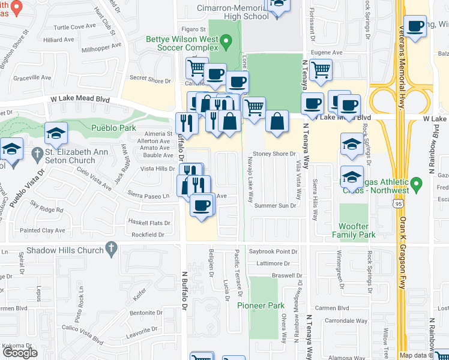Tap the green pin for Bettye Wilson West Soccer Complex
tap(226, 42)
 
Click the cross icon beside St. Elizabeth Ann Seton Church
tap(38, 152)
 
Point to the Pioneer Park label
tap(260, 305)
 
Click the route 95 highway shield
tap(399, 205)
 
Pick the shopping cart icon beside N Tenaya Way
tap(321, 69)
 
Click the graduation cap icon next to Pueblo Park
tap(56, 133)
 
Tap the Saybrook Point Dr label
tap(273, 251)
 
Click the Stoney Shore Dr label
tap(274, 154)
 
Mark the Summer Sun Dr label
tap(275, 205)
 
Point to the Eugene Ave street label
tap(325, 53)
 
